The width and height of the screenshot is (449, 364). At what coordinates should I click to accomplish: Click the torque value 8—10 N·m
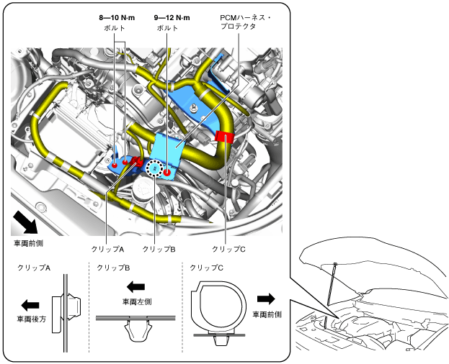point(117,18)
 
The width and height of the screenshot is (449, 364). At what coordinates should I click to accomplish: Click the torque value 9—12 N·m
point(172,18)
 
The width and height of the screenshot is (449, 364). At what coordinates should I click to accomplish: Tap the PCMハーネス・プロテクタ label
point(246,22)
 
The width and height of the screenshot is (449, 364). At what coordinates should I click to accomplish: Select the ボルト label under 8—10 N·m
point(115,28)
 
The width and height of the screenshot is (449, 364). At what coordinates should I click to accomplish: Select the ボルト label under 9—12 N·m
point(167,28)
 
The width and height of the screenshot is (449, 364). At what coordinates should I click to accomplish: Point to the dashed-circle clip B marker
point(154,168)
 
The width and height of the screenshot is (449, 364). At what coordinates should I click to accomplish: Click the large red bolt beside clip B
point(167,172)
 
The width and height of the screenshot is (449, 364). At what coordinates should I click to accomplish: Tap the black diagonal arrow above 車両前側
point(25,222)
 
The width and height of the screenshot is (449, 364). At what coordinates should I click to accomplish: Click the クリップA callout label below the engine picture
point(107,249)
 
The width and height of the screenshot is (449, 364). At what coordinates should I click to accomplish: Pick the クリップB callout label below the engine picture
point(159,249)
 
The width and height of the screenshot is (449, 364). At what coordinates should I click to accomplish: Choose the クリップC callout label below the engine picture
point(228,249)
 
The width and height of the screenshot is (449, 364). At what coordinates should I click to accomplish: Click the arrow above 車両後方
point(30,305)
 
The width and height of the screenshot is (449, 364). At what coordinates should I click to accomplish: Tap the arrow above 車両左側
point(135,286)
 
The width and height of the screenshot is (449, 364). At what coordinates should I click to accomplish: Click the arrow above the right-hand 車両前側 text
point(266,299)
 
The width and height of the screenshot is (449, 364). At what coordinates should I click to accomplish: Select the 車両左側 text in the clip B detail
point(137,301)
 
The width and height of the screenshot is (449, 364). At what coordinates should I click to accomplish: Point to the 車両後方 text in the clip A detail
point(32,319)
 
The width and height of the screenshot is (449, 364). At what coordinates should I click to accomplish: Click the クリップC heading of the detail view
point(206,268)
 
